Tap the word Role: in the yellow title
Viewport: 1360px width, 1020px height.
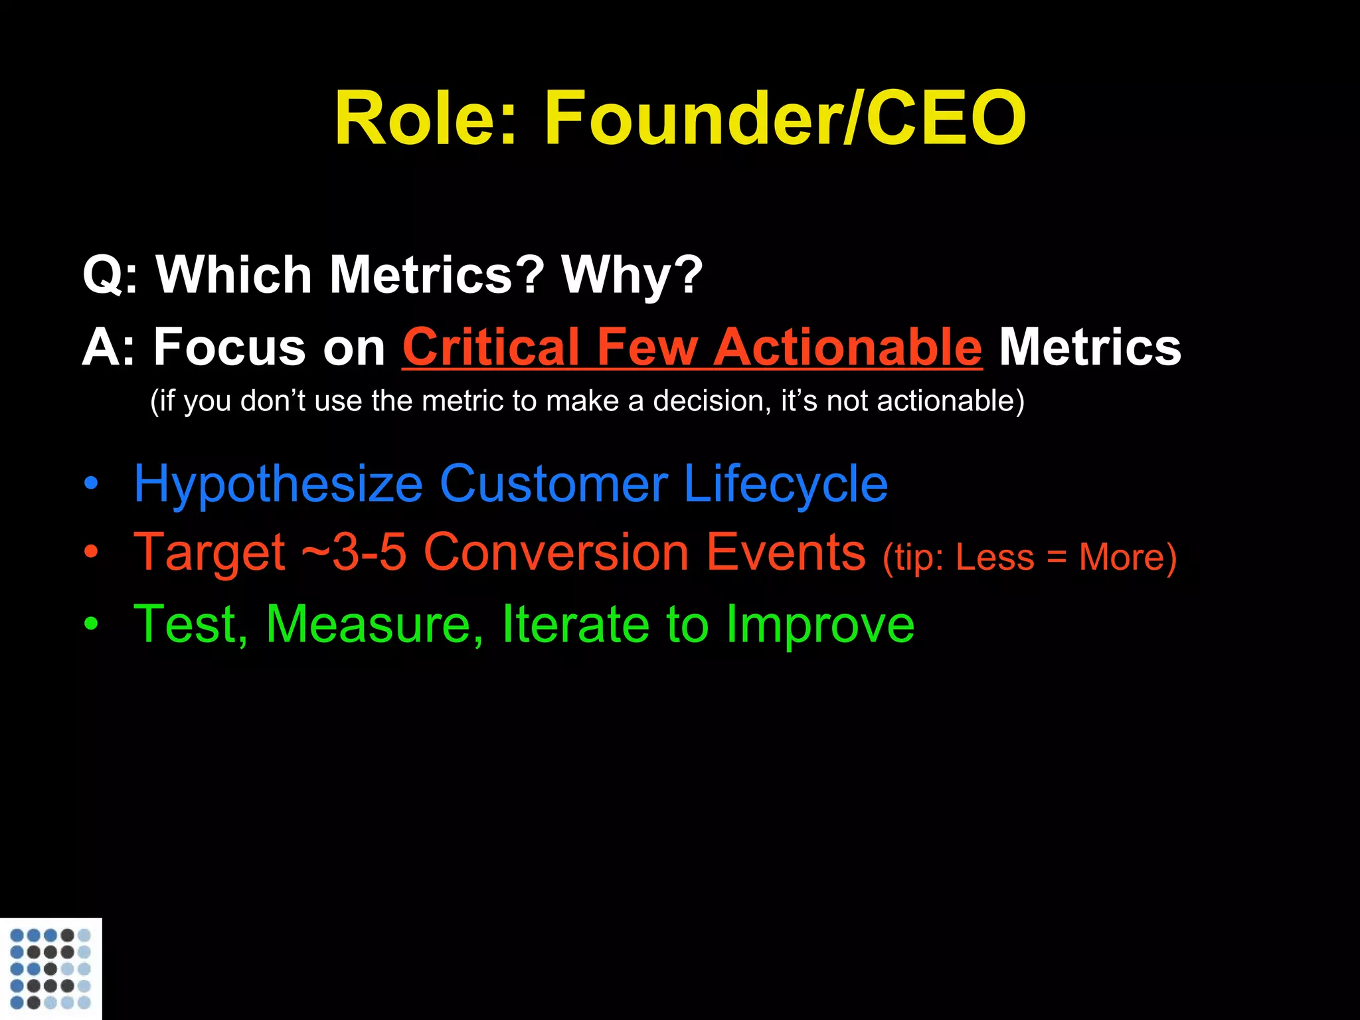point(425,120)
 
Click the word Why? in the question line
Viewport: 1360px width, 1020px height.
point(632,275)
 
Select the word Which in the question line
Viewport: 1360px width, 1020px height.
point(234,275)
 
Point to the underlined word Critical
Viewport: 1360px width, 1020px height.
point(491,347)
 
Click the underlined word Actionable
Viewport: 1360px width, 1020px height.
point(848,347)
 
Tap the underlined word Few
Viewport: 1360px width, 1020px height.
point(647,347)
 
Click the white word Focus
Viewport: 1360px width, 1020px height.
point(228,347)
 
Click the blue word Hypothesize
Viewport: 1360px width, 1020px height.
point(278,485)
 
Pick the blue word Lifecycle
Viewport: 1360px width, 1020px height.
point(785,485)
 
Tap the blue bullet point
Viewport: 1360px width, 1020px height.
point(91,484)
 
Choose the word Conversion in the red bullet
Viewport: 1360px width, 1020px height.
point(556,552)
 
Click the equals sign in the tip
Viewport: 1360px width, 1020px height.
point(1057,558)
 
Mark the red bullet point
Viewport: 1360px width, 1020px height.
point(91,552)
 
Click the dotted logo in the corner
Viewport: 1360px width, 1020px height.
point(50,968)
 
